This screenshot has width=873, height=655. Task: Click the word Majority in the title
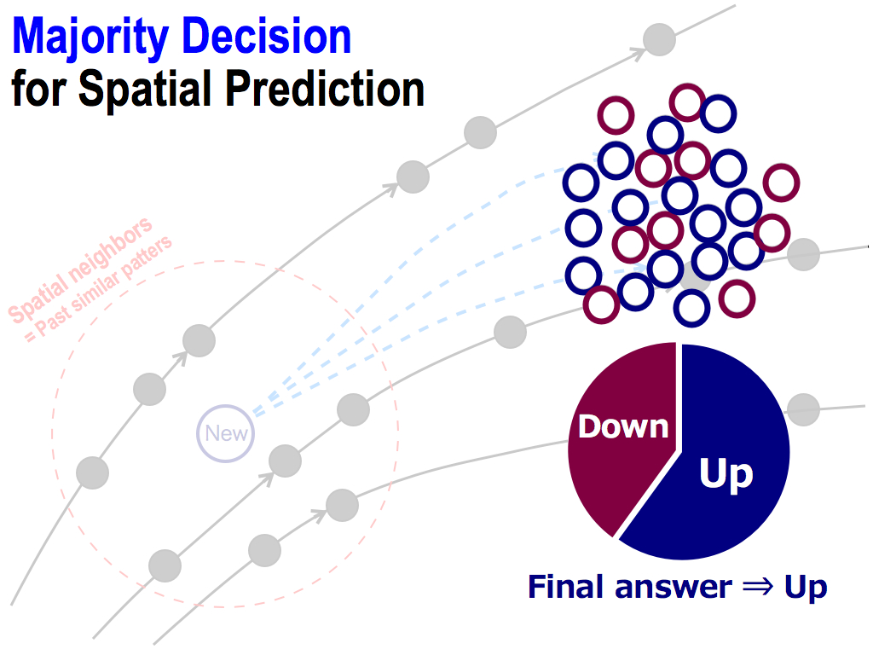tap(90, 38)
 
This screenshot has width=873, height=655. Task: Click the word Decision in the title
tap(267, 36)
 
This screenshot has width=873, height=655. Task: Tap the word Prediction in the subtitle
tap(325, 88)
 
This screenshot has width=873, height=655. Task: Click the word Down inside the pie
tap(623, 426)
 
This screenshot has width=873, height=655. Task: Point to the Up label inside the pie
tap(726, 473)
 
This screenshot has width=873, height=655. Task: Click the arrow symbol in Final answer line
tap(758, 587)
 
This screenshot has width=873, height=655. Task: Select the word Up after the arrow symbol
tap(806, 588)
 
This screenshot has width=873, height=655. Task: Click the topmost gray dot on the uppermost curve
tap(659, 39)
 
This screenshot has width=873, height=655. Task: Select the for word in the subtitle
tap(39, 88)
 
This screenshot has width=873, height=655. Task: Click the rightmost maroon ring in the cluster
tap(781, 183)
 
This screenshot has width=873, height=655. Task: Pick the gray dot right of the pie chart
tap(803, 409)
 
